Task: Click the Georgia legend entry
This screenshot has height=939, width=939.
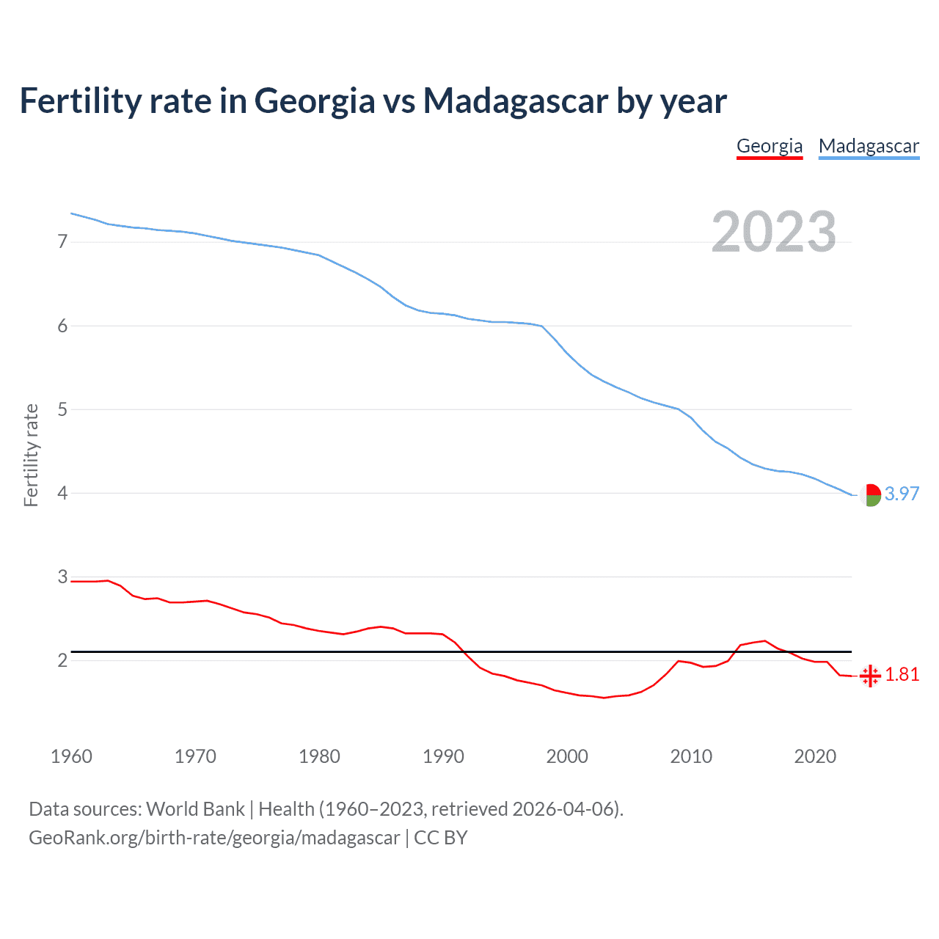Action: point(770,146)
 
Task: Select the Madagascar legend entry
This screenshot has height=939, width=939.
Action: point(869,146)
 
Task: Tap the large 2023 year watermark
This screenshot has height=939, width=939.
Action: point(774,232)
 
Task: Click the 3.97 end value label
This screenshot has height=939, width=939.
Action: point(902,494)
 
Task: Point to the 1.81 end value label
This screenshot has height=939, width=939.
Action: point(902,674)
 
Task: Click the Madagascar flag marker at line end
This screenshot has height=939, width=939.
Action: point(870,495)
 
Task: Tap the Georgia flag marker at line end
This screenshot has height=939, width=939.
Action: point(870,676)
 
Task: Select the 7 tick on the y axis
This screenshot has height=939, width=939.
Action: point(62,241)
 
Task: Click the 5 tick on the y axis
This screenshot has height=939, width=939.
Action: point(62,409)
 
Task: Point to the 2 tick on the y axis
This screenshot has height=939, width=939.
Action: point(62,660)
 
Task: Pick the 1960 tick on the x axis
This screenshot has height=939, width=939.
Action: point(71,756)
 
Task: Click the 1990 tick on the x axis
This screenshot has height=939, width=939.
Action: point(443,756)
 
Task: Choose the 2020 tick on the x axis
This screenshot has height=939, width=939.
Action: point(815,756)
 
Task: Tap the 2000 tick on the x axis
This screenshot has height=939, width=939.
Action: point(567,756)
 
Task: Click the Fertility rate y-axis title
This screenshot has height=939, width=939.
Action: point(31,455)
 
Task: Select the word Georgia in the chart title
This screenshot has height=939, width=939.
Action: point(315,102)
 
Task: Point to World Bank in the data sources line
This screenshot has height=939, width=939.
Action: point(195,809)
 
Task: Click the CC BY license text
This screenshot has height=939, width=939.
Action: point(440,838)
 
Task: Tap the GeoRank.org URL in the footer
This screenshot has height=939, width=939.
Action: point(214,838)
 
